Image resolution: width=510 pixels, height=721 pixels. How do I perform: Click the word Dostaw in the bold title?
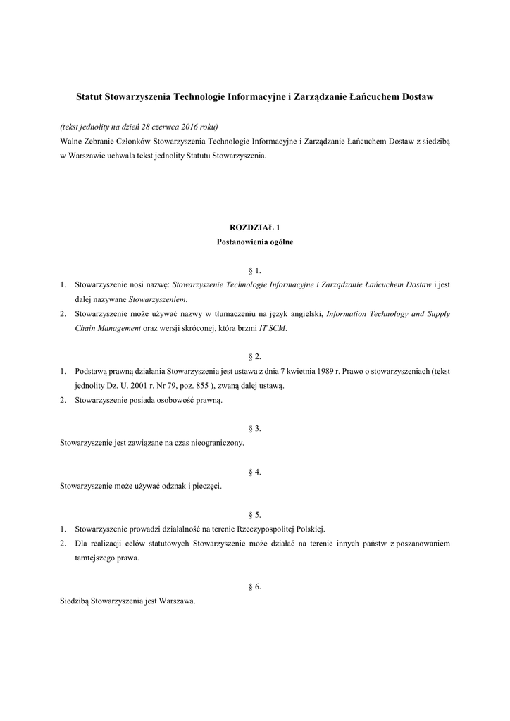[x=413, y=94]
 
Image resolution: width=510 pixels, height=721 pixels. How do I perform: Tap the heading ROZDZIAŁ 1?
[x=255, y=227]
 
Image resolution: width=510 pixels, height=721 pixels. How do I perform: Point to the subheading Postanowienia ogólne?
[x=255, y=242]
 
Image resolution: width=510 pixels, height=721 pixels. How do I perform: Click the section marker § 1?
[x=255, y=270]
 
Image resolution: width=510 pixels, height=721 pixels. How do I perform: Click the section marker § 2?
[x=255, y=357]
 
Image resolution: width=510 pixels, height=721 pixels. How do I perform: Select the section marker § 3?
[x=255, y=429]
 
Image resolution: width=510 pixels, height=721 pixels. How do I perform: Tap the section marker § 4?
[x=255, y=472]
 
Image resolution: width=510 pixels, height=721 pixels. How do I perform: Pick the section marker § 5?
[x=255, y=515]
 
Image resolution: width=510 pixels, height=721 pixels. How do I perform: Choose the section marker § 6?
[x=255, y=587]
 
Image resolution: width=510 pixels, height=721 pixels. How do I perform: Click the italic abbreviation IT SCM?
[x=273, y=328]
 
